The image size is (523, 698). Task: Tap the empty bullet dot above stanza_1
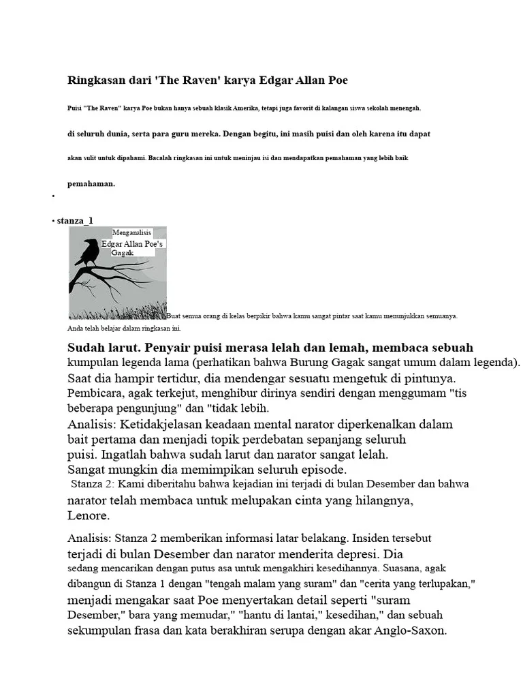[x=52, y=196]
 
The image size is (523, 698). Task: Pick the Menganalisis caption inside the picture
[x=131, y=233]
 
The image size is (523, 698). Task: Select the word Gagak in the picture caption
[x=123, y=252]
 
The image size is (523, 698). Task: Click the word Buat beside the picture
[x=174, y=316]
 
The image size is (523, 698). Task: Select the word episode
[x=321, y=470]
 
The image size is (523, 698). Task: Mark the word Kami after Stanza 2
[x=129, y=484]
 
